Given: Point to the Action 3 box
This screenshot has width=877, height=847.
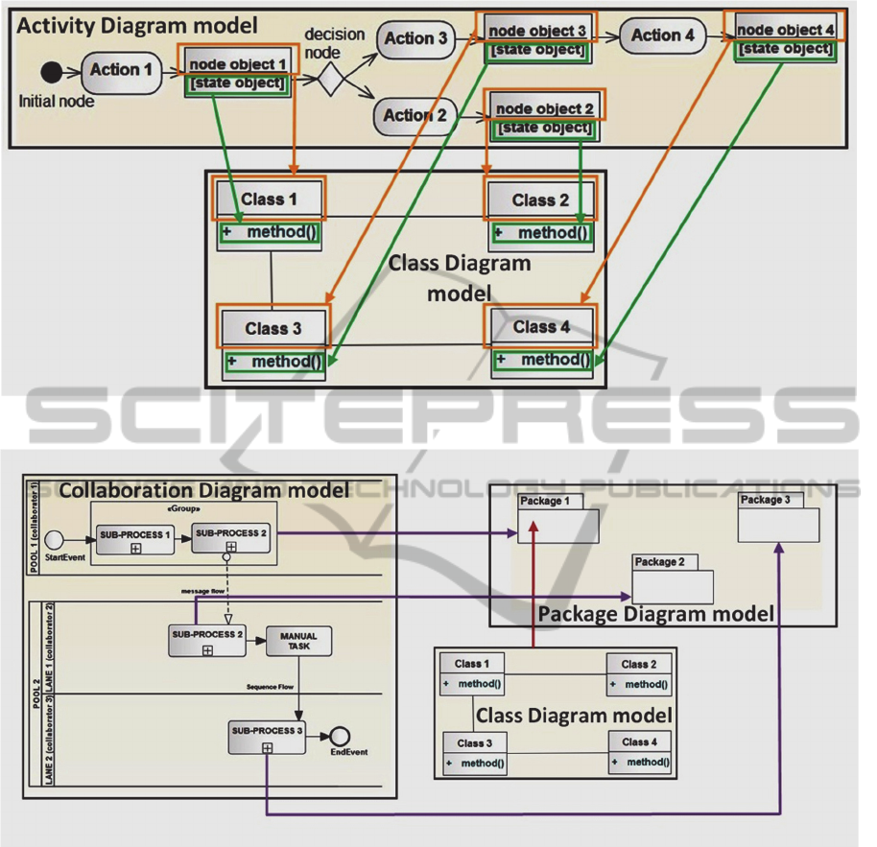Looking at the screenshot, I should (x=415, y=39).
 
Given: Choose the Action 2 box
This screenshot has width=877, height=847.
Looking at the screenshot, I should (x=415, y=116).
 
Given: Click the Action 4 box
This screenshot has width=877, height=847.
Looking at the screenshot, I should (x=662, y=36).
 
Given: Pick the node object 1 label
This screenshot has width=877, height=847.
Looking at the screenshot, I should (x=237, y=64).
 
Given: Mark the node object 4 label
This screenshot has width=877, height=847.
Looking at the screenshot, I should (x=785, y=30).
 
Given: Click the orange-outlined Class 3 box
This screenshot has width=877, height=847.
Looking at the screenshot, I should (x=273, y=328).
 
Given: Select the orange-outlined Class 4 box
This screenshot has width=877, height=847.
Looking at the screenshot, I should (x=541, y=327).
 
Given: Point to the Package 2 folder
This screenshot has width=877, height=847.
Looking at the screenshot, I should (x=672, y=581).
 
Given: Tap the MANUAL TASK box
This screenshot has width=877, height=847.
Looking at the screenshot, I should (x=298, y=642).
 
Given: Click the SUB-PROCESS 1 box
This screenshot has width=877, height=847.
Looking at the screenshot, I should (x=133, y=538).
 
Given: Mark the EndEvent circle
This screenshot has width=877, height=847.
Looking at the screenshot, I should (x=339, y=737).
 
